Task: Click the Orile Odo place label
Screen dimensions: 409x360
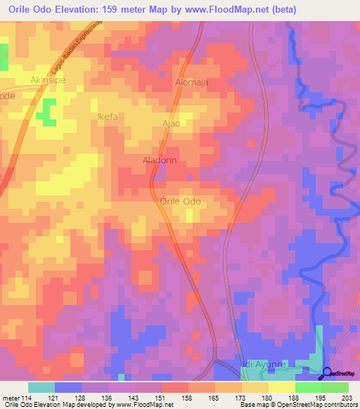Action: tap(181, 202)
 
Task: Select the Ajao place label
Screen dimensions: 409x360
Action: tap(172, 124)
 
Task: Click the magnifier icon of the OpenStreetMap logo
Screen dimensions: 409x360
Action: tap(328, 373)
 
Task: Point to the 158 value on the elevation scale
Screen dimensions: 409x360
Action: tap(187, 397)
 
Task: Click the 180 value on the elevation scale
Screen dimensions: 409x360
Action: tap(267, 397)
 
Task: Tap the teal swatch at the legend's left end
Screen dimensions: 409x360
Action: tap(41, 387)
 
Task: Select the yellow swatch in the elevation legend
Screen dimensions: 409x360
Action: tap(281, 387)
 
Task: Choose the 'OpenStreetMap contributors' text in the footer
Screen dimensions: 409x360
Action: tap(317, 405)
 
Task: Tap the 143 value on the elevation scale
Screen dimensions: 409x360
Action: tap(134, 397)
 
